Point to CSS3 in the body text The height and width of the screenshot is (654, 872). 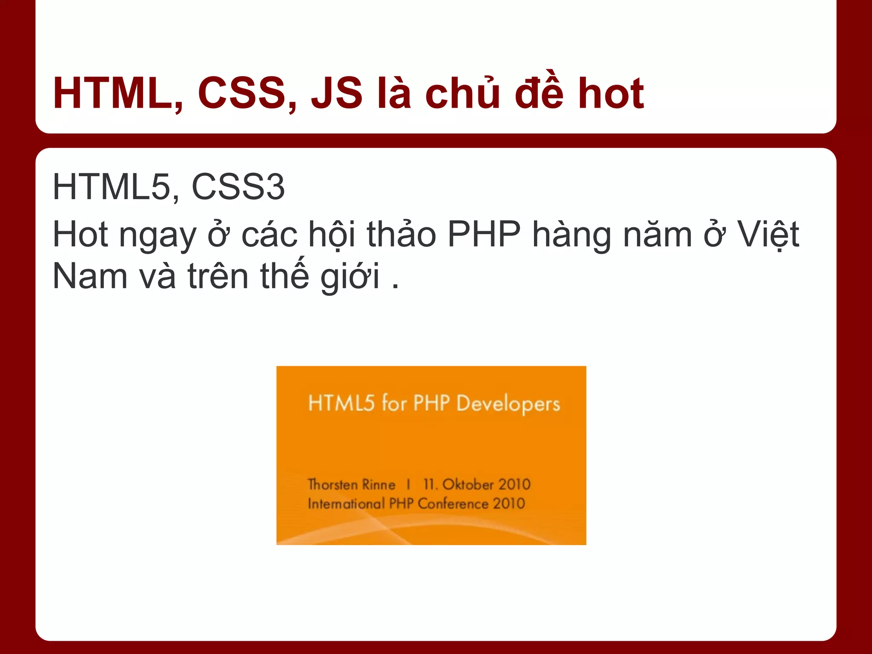238,187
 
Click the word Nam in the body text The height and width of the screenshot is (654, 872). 90,277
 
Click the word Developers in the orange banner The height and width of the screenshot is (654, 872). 508,404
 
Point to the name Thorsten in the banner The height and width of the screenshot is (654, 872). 333,485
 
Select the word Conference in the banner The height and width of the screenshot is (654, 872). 453,504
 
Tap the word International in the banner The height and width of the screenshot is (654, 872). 346,504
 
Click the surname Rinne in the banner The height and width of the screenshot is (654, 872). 379,485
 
